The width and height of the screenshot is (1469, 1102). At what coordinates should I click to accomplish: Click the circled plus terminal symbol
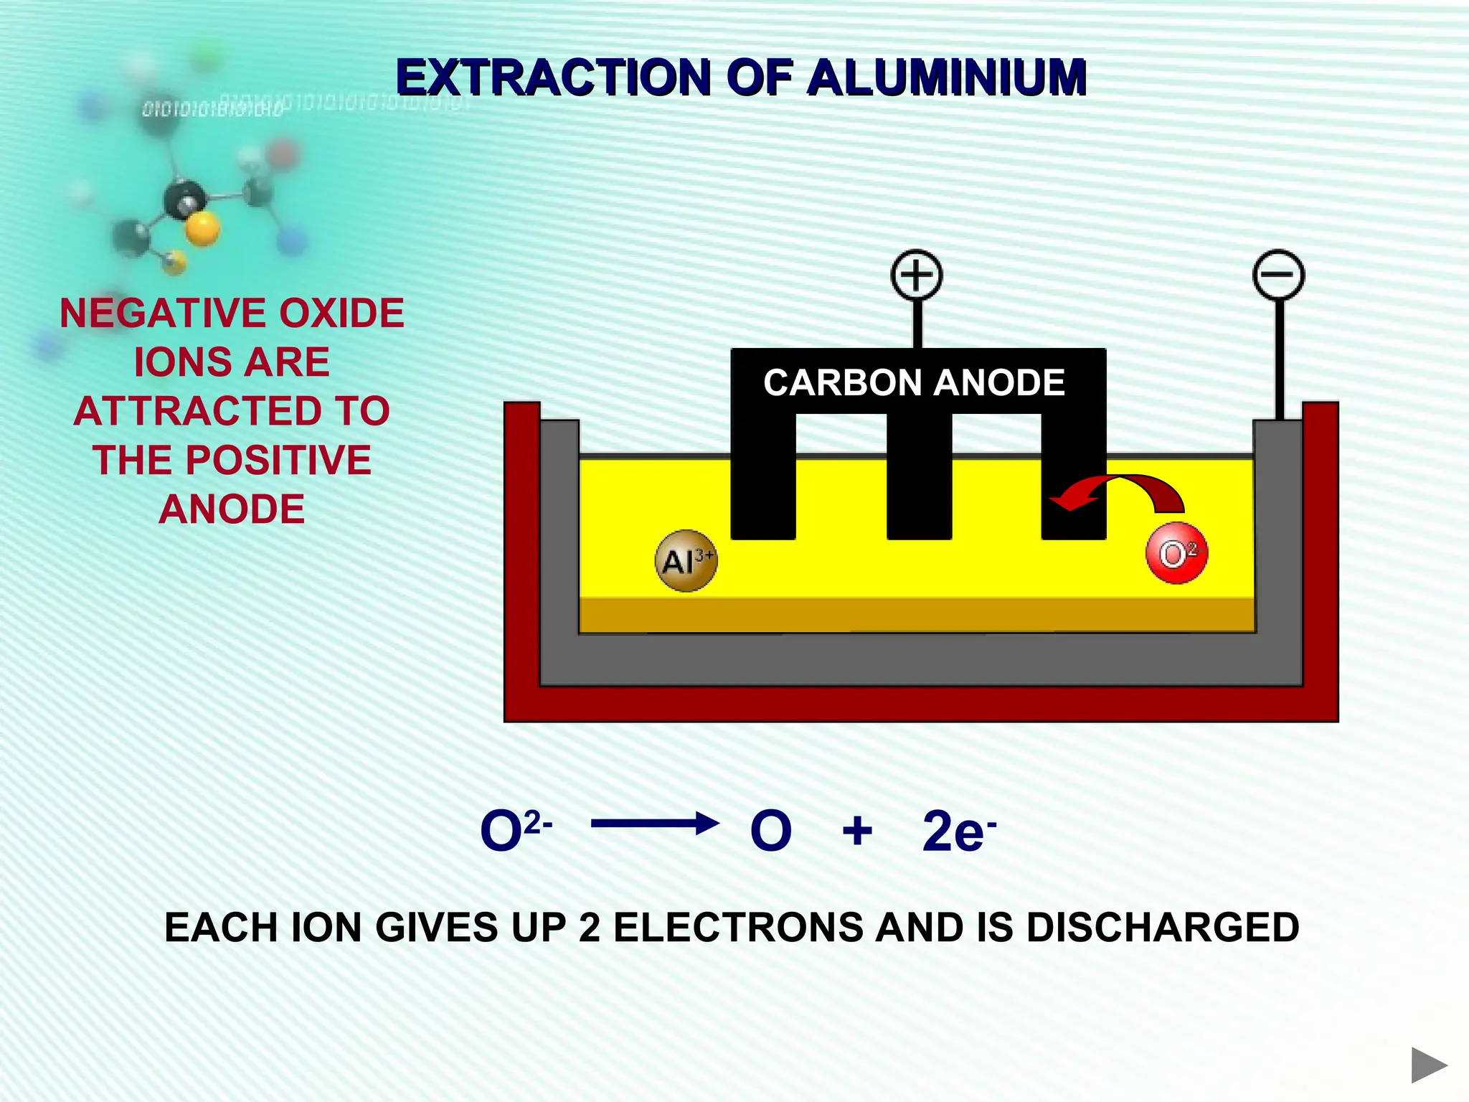click(x=916, y=275)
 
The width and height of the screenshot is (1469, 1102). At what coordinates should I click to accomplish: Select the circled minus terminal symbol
click(x=1278, y=275)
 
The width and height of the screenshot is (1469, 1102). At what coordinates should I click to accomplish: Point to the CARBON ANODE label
click(x=914, y=382)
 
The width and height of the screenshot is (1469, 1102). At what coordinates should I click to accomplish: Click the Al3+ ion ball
click(x=686, y=561)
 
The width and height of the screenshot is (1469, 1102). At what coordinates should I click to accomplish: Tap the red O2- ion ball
click(x=1176, y=554)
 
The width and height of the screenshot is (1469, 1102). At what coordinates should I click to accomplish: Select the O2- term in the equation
click(x=514, y=831)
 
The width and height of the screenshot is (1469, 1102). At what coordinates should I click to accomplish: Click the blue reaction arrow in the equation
click(x=654, y=824)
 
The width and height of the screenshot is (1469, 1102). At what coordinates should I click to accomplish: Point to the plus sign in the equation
click(x=857, y=832)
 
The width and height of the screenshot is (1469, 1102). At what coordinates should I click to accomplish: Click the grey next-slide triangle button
click(x=1427, y=1065)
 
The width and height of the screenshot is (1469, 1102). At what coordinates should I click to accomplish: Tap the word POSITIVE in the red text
click(x=278, y=460)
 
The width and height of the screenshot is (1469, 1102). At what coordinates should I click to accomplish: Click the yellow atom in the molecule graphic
click(x=202, y=230)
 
